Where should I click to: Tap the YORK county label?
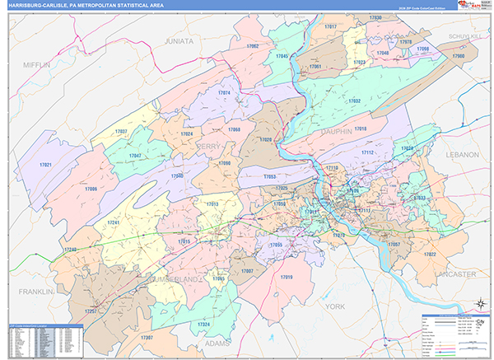(335, 306)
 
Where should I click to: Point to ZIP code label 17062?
(253, 46)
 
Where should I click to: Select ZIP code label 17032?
(354, 101)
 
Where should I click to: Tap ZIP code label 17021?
(45, 166)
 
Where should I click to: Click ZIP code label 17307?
(147, 338)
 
